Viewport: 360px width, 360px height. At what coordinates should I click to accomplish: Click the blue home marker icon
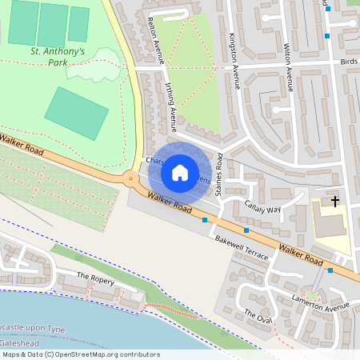click(180, 173)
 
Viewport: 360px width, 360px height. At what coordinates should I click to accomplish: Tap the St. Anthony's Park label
click(58, 56)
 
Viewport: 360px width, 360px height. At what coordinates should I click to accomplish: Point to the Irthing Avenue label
click(171, 106)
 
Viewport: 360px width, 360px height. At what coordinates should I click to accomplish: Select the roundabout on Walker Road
click(130, 179)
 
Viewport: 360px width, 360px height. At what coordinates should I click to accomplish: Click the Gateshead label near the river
click(20, 340)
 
